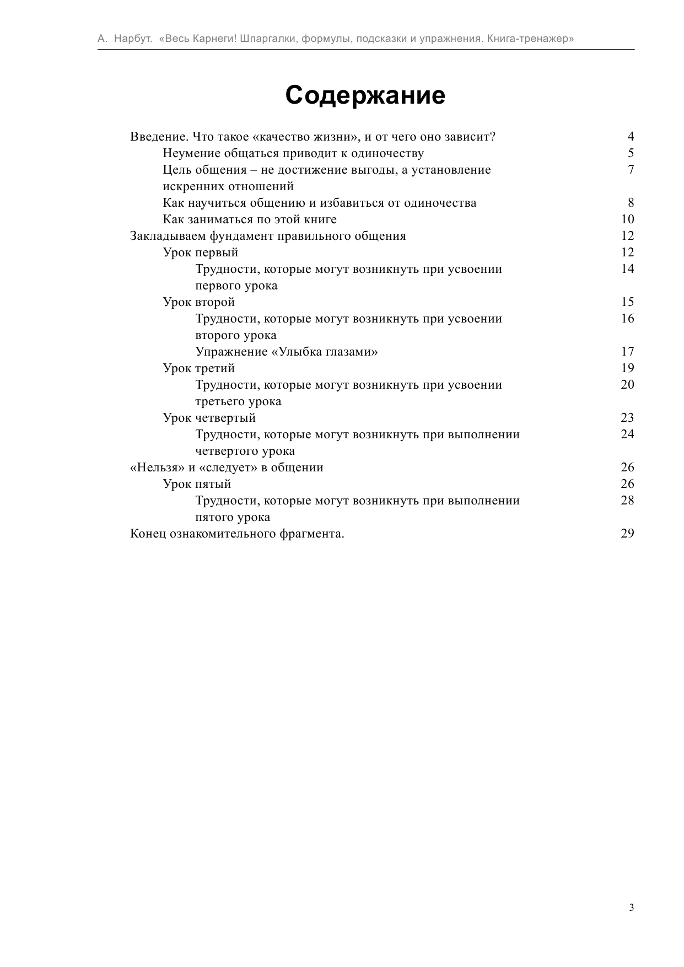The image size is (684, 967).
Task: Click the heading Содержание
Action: (x=365, y=95)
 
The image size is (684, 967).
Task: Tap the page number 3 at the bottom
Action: (x=631, y=907)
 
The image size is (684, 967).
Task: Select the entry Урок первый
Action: (x=201, y=253)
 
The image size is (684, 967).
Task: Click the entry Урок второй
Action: (x=199, y=302)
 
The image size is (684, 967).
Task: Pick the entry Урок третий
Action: (x=199, y=368)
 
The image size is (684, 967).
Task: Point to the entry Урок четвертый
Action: (x=209, y=418)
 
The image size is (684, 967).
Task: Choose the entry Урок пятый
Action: (x=197, y=484)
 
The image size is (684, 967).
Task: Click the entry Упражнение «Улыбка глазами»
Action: (x=287, y=352)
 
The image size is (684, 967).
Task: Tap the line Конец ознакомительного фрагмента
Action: (x=237, y=534)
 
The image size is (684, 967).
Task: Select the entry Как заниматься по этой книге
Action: (x=250, y=219)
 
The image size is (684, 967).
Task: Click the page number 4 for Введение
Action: (x=631, y=137)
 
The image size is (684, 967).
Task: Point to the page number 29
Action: (x=627, y=534)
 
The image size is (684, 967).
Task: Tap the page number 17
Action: (x=627, y=352)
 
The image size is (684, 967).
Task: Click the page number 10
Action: (x=627, y=219)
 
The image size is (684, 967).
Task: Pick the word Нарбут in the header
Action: (x=132, y=39)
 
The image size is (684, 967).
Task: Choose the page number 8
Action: (x=631, y=203)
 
